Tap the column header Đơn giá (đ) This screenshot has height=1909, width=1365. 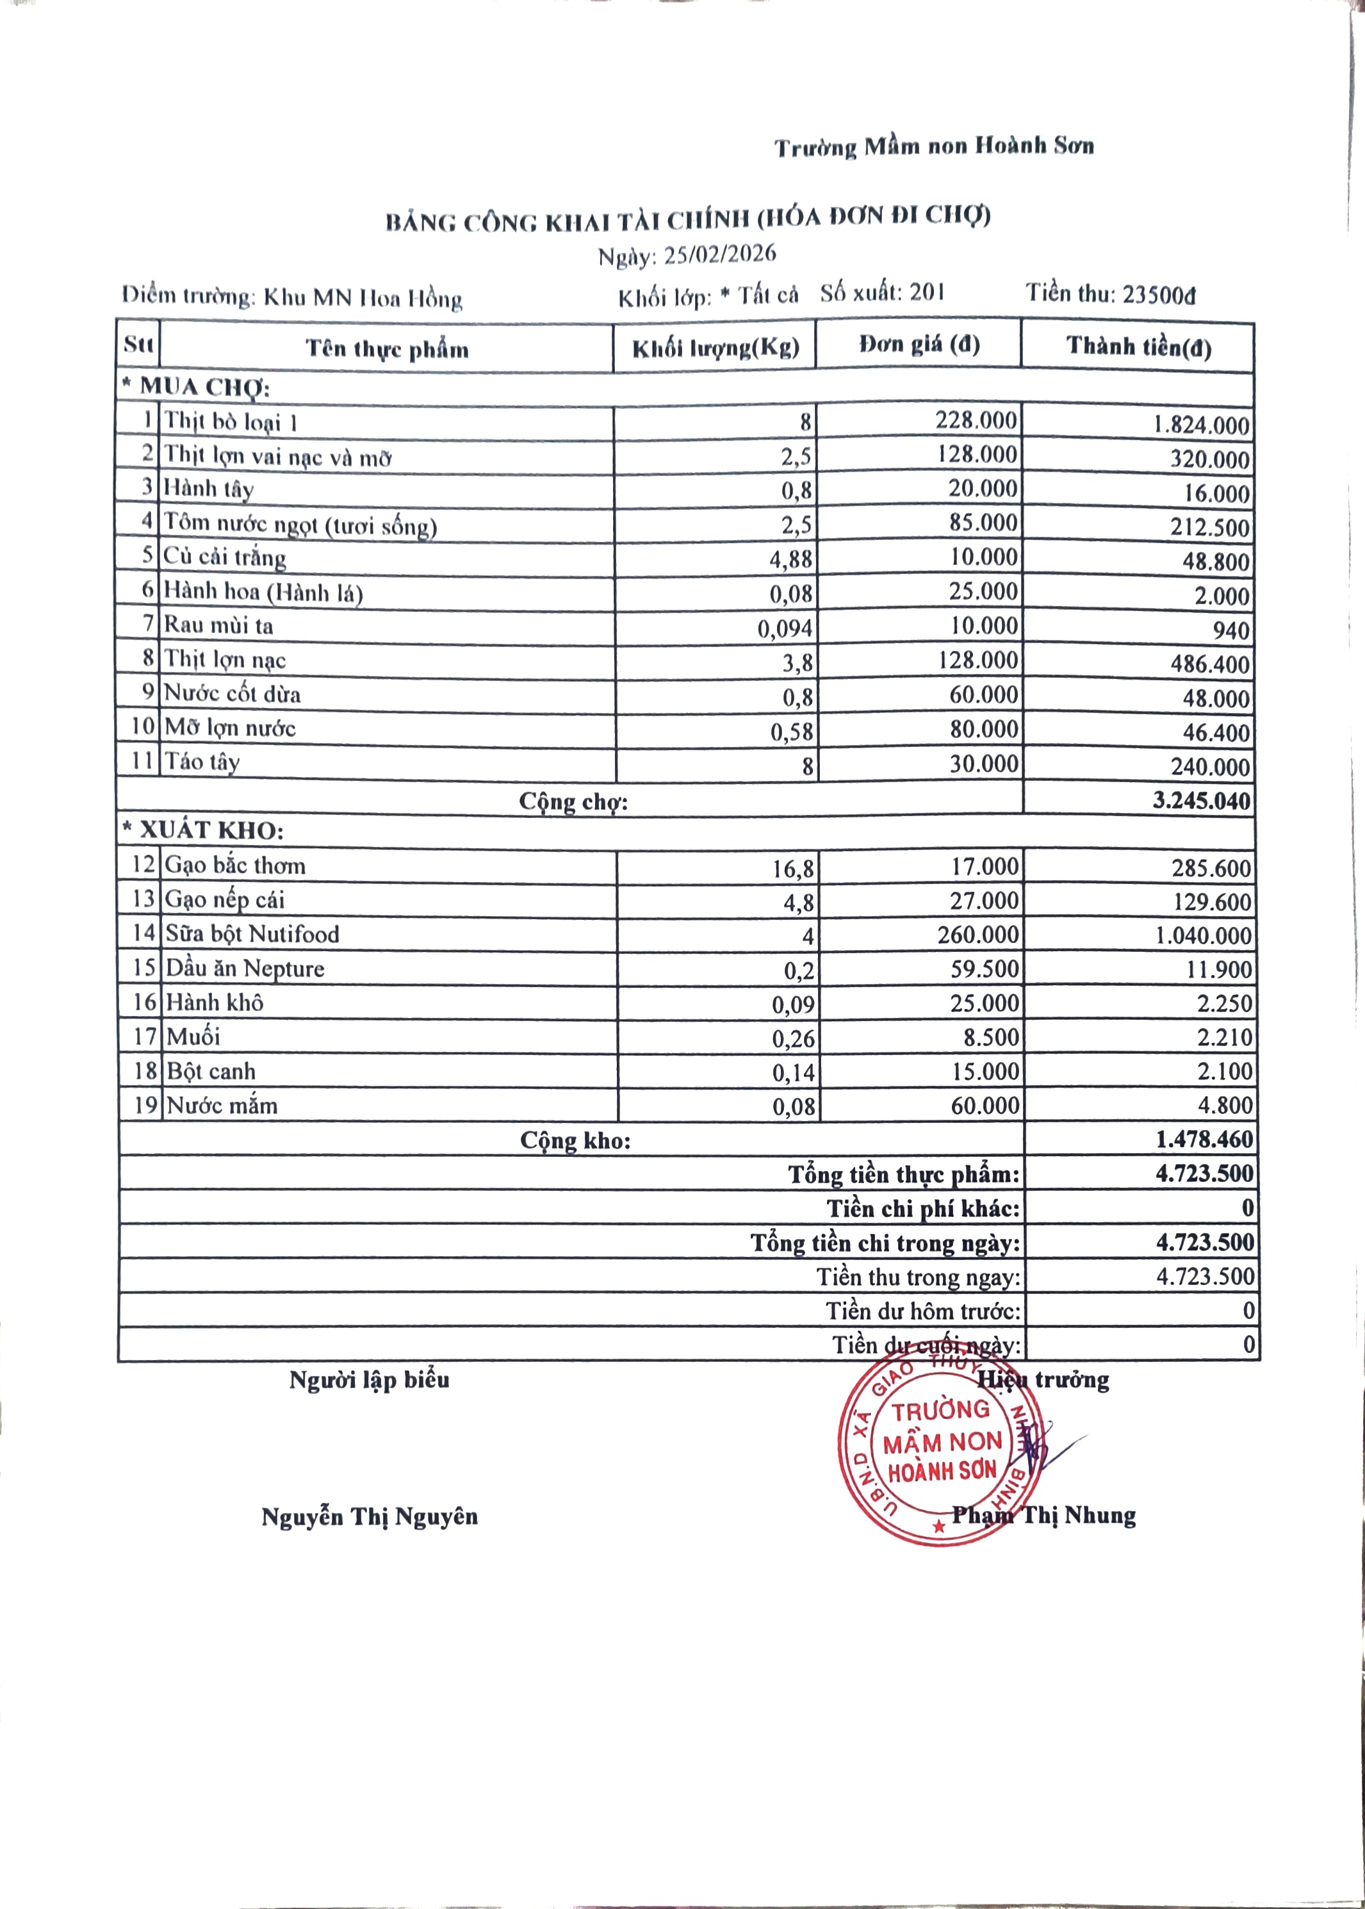point(919,345)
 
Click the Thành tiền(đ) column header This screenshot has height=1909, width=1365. point(1138,347)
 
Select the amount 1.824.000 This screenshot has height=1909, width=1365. point(1201,425)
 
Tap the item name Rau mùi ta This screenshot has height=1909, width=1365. point(218,625)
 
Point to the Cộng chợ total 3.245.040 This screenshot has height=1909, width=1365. point(1201,800)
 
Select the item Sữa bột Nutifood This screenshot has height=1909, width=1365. point(252,934)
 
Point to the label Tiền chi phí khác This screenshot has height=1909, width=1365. point(923,1209)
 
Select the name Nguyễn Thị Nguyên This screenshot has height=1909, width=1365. point(370,1518)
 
